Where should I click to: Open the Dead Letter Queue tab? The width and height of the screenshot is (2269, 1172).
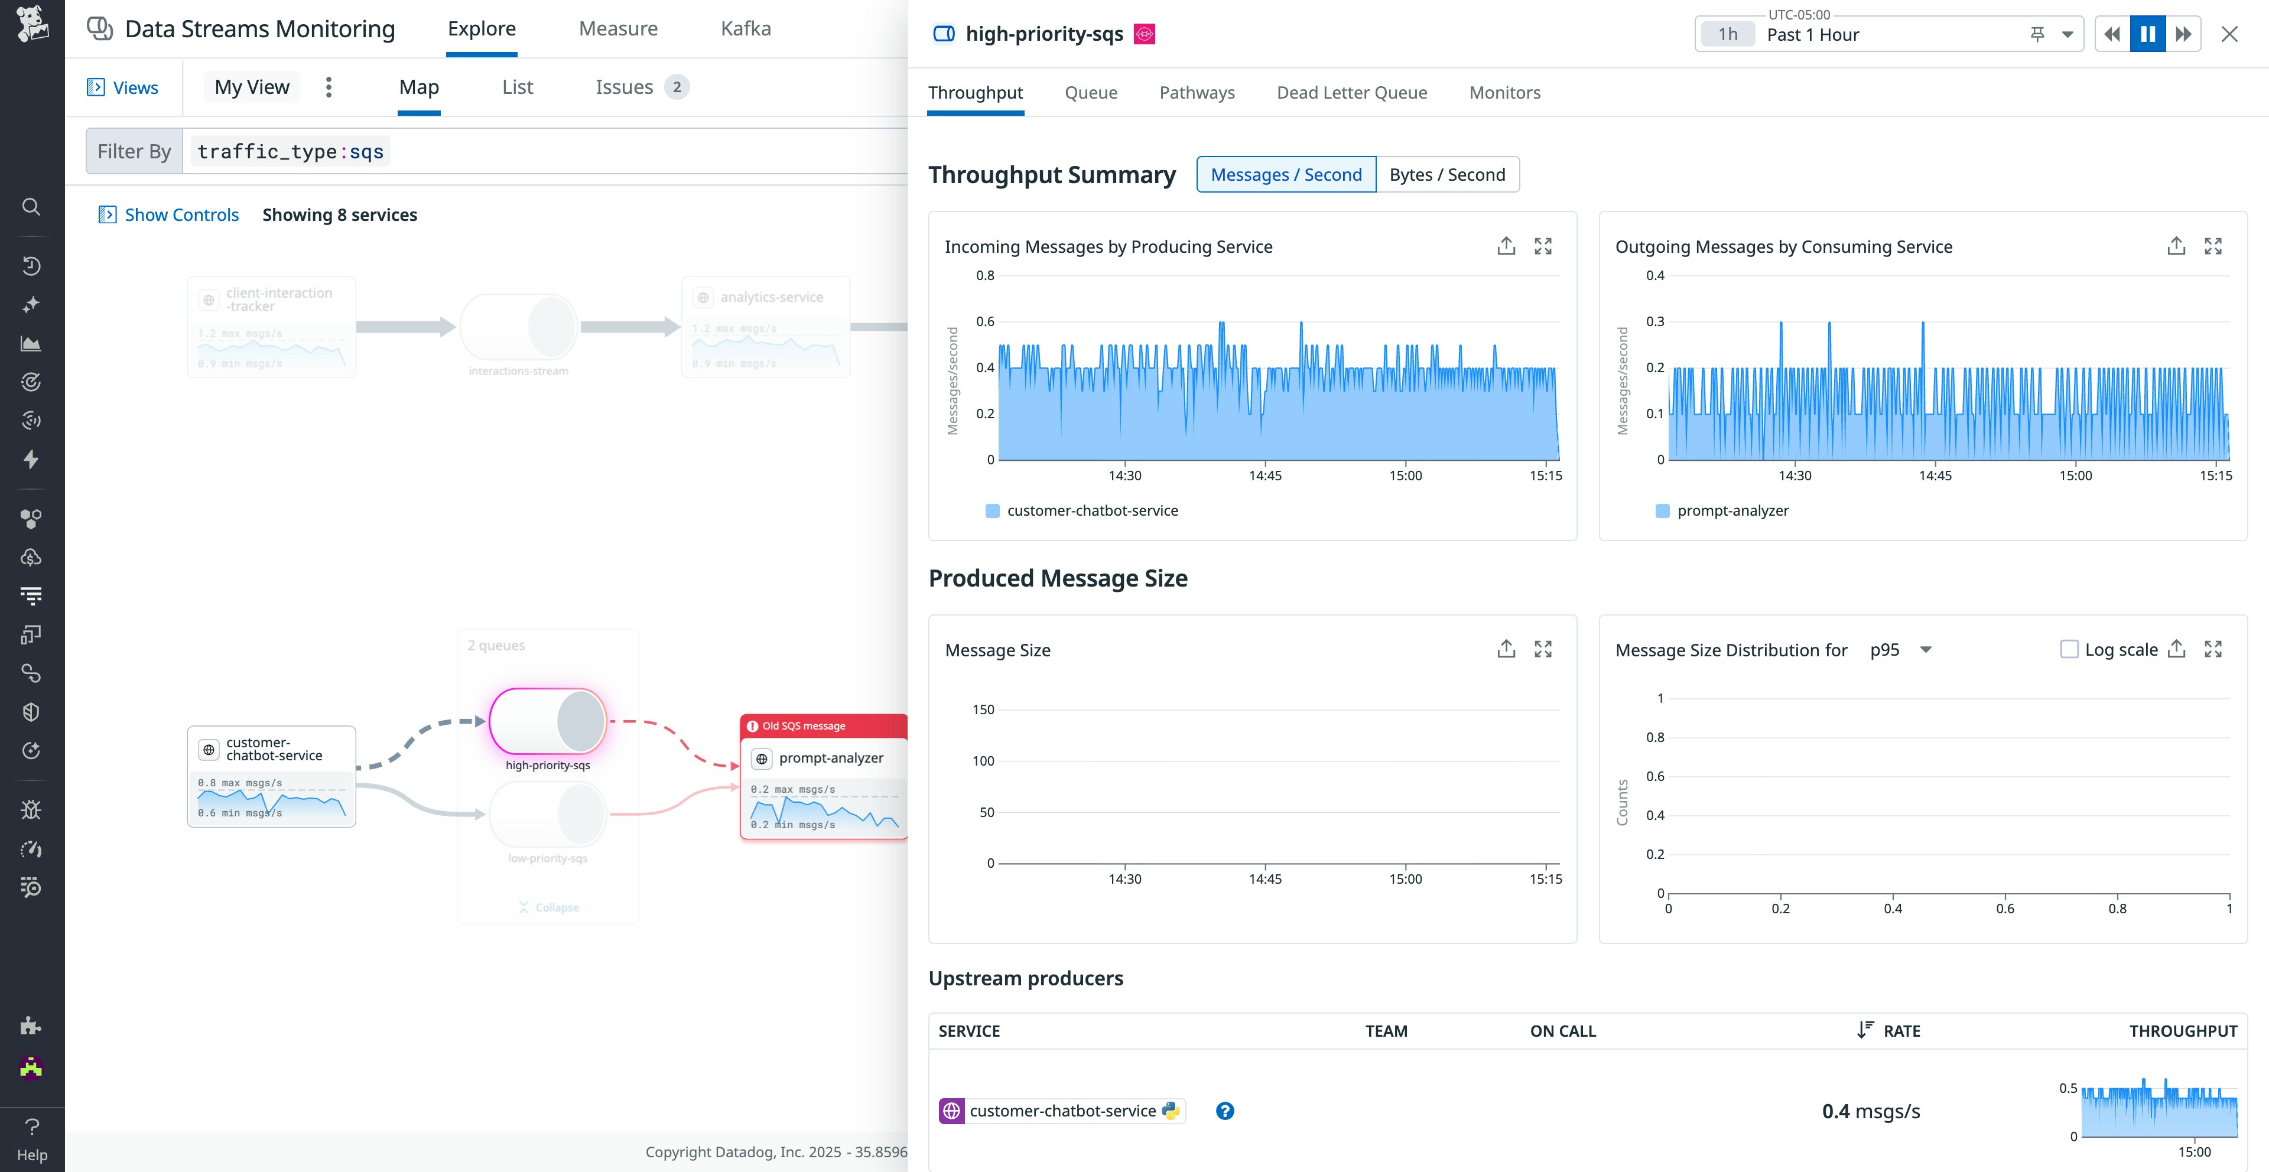pos(1351,93)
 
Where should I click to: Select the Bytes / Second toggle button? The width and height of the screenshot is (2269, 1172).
pos(1446,174)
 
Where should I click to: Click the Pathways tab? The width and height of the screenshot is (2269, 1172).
pos(1196,93)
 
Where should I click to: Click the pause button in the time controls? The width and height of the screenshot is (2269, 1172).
pos(2147,34)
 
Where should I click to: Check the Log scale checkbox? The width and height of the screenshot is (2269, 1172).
pos(2068,649)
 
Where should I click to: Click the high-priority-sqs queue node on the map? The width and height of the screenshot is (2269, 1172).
pos(547,721)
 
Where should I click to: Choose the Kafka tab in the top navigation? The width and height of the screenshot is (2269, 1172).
pos(745,28)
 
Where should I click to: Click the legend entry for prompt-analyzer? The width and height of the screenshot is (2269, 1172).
pos(1732,511)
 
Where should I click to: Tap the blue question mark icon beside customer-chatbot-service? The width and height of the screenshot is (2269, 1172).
pos(1224,1111)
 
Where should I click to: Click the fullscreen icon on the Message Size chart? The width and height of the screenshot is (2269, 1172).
pos(1542,649)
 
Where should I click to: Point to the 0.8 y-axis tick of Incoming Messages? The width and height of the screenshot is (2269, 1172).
pos(985,276)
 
